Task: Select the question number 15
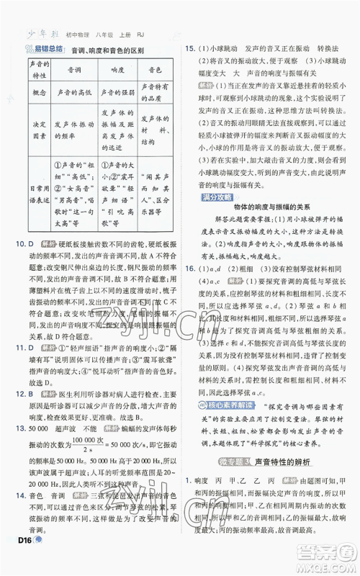tap(190, 48)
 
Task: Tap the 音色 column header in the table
tap(153, 72)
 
